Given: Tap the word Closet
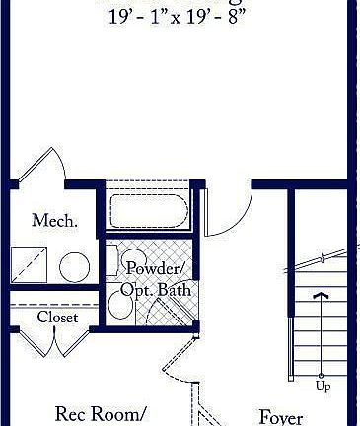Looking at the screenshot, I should (x=57, y=318).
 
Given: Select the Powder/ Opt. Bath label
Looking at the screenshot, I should (x=153, y=279).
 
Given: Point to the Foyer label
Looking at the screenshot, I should (x=280, y=416).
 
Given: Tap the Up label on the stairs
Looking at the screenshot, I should (x=323, y=386).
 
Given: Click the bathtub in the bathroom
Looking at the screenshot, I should (x=149, y=211).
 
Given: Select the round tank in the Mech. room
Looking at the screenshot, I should (x=74, y=265).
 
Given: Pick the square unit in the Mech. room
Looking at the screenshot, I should (x=30, y=265).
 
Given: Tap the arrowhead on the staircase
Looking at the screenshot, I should (x=321, y=293).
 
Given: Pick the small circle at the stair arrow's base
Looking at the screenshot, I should (x=322, y=376).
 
